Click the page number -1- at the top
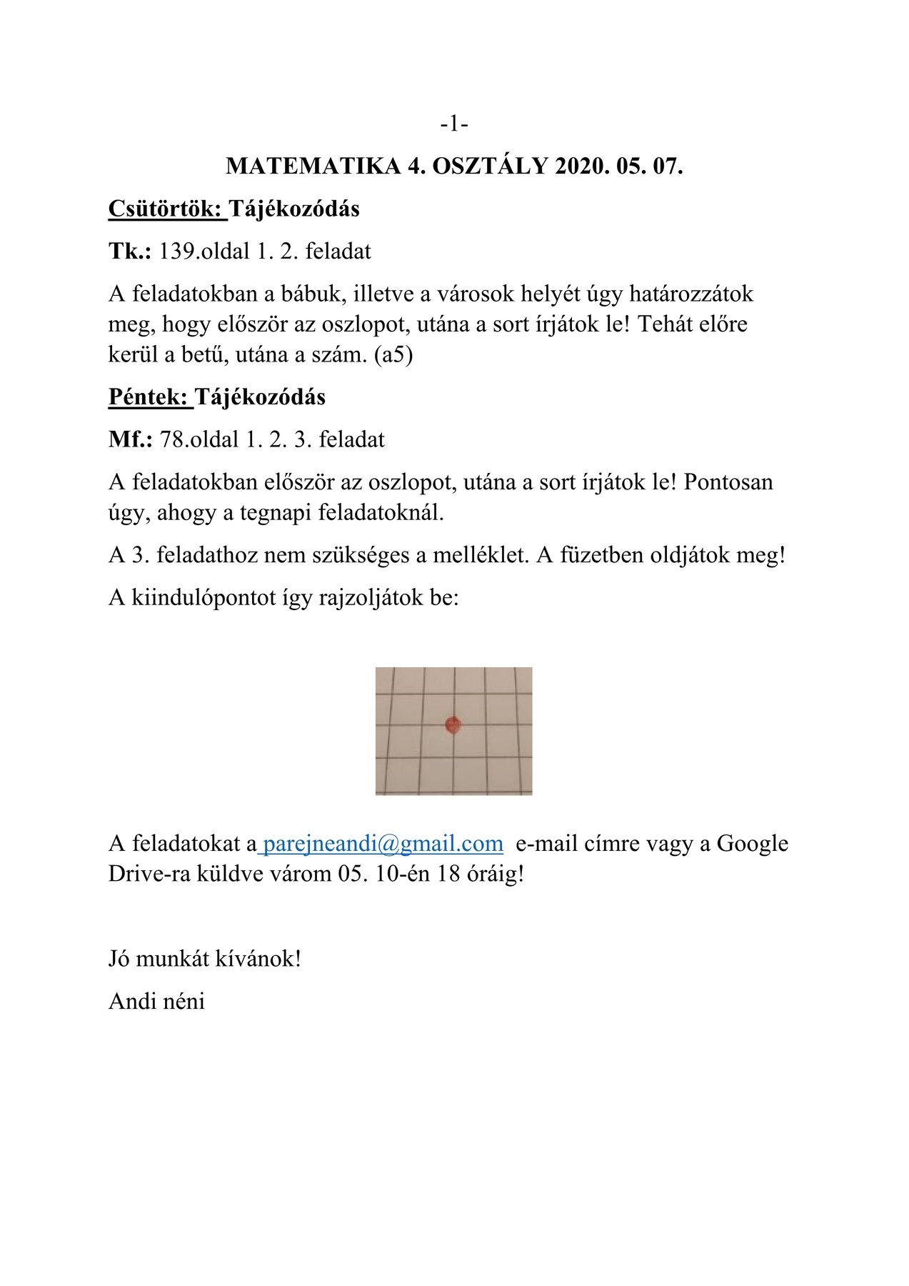[x=454, y=124]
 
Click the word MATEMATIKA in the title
[x=313, y=166]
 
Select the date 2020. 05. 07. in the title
[x=618, y=166]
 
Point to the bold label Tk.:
[x=130, y=251]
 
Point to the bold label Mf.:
[x=131, y=439]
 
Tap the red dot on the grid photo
[x=453, y=725]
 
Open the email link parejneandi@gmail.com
[x=383, y=844]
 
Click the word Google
[x=753, y=844]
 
